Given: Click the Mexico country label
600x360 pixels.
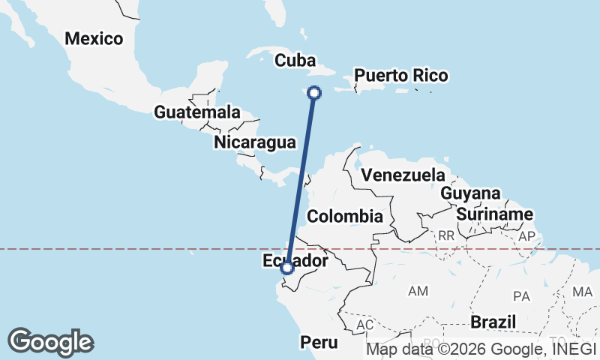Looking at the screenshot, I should coord(94,38).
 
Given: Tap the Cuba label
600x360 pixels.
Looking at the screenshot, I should coord(294,60).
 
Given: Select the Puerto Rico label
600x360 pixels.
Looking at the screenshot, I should coord(401,76).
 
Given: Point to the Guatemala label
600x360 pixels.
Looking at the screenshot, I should coord(197,112).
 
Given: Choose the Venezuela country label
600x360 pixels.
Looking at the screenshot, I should coord(403,175).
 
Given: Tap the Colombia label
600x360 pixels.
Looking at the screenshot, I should coord(346,216).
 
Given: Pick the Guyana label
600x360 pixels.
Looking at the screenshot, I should coord(470,193).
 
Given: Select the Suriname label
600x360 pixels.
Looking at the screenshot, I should coord(494,214).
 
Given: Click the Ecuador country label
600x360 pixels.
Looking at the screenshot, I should coord(296,260).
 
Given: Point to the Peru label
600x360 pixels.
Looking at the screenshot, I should coord(320,342).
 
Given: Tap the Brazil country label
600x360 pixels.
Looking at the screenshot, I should coord(493,322).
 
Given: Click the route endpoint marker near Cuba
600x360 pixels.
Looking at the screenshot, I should coord(314,93).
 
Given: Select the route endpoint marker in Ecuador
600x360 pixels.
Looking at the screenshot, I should coord(286,268).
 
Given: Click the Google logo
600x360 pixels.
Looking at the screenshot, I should coord(50,342).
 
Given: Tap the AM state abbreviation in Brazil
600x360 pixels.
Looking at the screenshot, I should coord(417,289).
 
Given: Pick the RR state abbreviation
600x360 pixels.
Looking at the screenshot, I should coord(446,235).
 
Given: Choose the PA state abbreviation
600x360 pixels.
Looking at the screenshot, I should coord(522,296).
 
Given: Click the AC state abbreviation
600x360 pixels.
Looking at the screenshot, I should coord(365,325).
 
